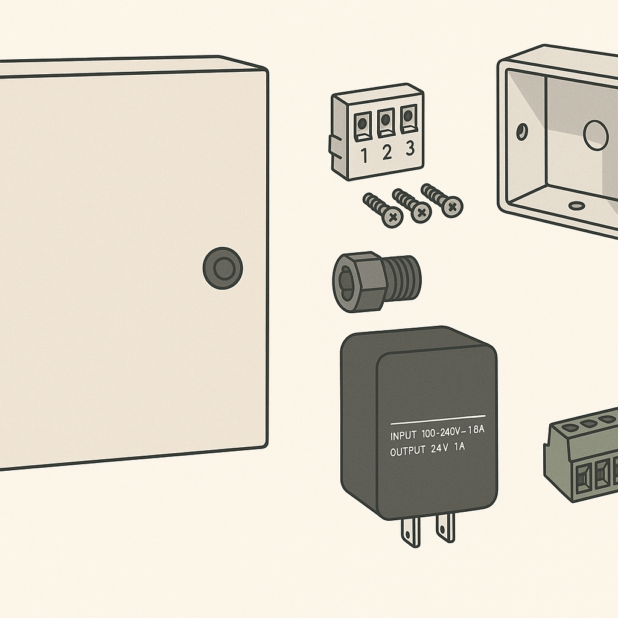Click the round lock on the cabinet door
(223, 269)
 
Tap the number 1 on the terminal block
(364, 155)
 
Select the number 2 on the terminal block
(387, 152)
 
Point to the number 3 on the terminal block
(410, 148)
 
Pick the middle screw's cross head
(421, 212)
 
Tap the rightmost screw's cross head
(453, 206)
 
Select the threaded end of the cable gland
(402, 276)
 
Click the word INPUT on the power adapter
(403, 436)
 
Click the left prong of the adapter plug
(410, 533)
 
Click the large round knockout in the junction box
(596, 135)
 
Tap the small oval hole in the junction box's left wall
(522, 132)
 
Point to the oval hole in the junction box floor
(576, 205)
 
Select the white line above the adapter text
(438, 419)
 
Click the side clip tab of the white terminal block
(334, 146)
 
